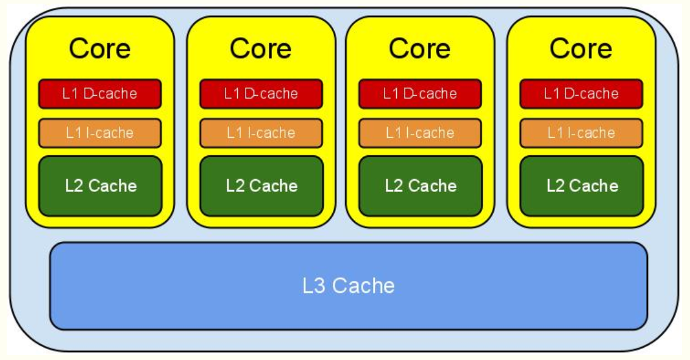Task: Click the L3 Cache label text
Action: pos(349,285)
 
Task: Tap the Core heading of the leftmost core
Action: pos(100,49)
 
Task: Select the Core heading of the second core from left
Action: pos(261,49)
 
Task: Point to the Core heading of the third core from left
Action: pos(420,49)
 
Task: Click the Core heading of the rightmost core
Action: pos(581,49)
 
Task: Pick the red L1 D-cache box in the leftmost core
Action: pos(100,94)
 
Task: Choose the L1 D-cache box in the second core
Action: pos(261,94)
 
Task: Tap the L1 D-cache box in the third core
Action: pos(420,94)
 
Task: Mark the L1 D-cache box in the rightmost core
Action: pos(581,94)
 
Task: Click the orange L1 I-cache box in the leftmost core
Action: pos(100,133)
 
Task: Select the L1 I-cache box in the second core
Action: pos(261,133)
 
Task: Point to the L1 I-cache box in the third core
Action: pos(420,133)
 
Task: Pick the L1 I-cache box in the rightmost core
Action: pos(581,133)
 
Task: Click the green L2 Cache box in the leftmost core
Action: pos(100,186)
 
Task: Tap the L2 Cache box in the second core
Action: pos(261,186)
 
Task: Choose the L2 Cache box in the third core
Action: pos(420,186)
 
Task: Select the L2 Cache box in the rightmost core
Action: pos(581,186)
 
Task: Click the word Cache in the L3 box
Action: pos(363,285)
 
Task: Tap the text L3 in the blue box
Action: pos(315,285)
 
